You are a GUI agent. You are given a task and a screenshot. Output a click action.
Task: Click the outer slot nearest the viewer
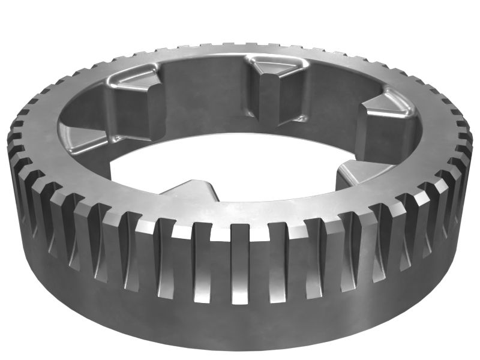tap(240, 264)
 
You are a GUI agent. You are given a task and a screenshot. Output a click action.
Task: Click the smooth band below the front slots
tap(240, 324)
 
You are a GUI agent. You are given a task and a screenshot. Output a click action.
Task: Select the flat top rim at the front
tap(240, 213)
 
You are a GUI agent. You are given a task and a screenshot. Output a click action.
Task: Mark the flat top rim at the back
tap(240, 50)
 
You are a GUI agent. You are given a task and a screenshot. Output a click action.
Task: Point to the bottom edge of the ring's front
tap(240, 348)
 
